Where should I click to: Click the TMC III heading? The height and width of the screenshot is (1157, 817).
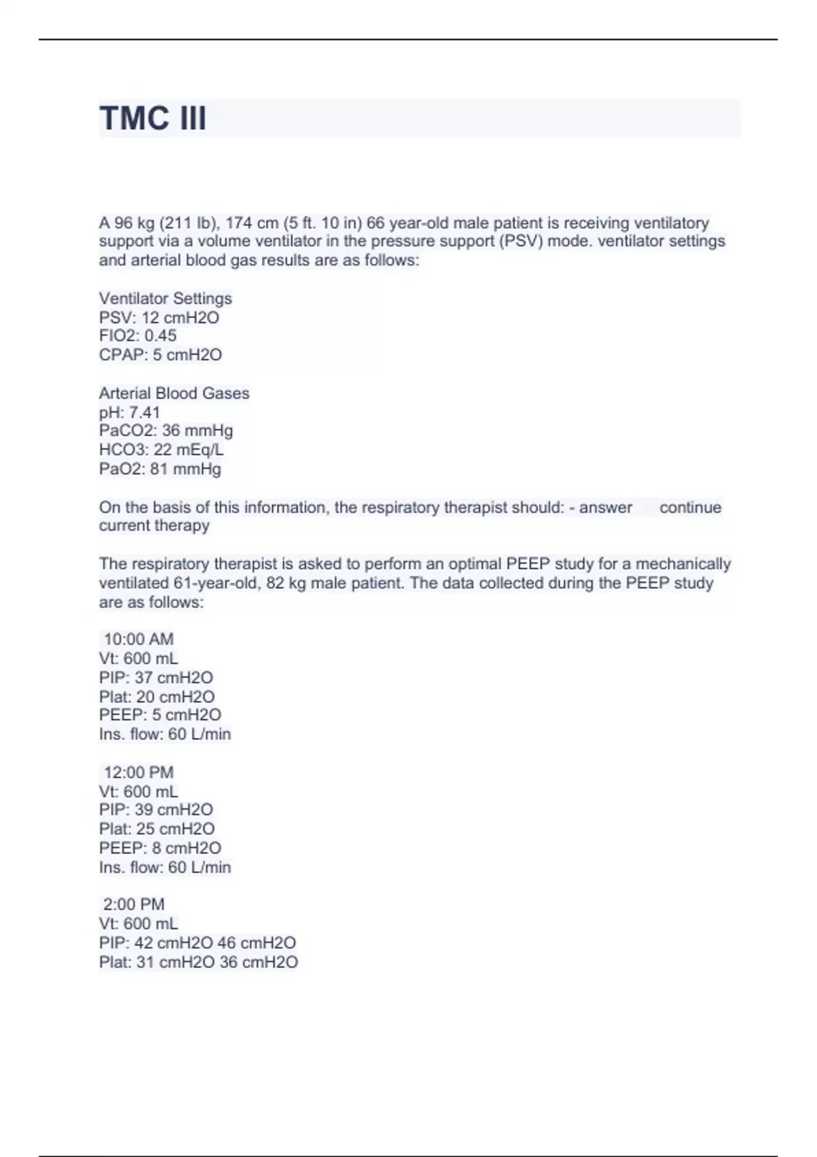click(153, 118)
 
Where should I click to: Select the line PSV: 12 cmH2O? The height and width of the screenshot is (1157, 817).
click(159, 317)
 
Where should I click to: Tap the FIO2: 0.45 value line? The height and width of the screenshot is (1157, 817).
click(138, 336)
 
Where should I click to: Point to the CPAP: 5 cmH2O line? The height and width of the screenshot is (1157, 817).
click(161, 355)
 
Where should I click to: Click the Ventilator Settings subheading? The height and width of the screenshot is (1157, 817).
click(165, 298)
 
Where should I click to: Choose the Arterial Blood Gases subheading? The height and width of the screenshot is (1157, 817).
click(174, 393)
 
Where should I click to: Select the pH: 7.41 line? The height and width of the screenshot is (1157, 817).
click(129, 412)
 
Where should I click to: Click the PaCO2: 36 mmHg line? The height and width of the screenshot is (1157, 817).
click(166, 430)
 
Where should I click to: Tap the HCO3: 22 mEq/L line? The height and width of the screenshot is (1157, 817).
click(161, 449)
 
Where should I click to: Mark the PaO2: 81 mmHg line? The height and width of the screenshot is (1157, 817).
click(160, 468)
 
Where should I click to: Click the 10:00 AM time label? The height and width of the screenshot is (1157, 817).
click(138, 639)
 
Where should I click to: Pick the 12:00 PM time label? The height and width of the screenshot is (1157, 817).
click(138, 772)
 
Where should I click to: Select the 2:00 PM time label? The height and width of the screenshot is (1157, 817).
click(133, 904)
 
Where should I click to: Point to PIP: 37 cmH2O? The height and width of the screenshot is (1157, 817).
click(156, 677)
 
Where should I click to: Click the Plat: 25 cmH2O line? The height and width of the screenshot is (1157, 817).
click(157, 828)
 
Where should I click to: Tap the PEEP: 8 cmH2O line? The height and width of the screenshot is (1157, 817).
click(160, 847)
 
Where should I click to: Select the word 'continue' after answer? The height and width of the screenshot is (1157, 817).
click(690, 507)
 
